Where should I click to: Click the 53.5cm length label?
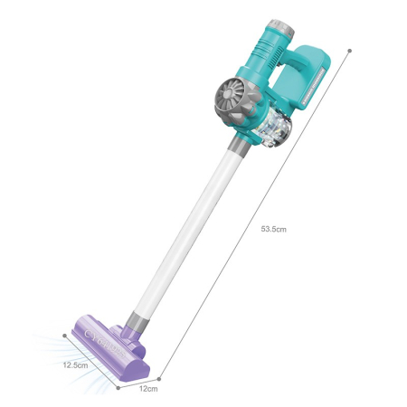click(x=273, y=230)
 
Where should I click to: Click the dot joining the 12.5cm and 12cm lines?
click(x=118, y=385)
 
